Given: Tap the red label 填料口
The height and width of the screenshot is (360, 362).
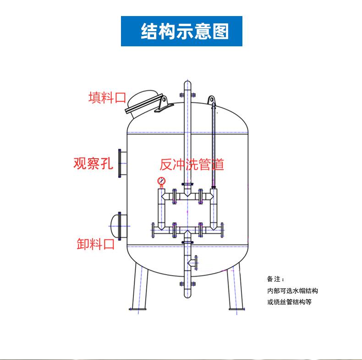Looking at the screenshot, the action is pos(107,97).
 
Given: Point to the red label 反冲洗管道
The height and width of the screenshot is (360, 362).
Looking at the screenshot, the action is pos(192,164).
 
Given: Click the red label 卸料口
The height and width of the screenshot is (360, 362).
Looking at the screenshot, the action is pos(96,244).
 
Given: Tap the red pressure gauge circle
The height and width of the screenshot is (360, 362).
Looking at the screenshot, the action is pos(161,182).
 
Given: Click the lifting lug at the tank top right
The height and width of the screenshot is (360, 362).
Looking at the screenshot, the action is pos(211,100).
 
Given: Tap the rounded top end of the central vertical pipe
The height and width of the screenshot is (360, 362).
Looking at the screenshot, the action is pos(187,84).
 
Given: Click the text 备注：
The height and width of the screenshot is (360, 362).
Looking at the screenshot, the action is pos(275,279).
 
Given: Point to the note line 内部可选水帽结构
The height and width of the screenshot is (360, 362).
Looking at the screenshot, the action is pos(292,291).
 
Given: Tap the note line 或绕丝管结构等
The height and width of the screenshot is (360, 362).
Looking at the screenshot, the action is pos(289,302).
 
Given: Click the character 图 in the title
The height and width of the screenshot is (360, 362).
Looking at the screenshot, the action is pos(219,31).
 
